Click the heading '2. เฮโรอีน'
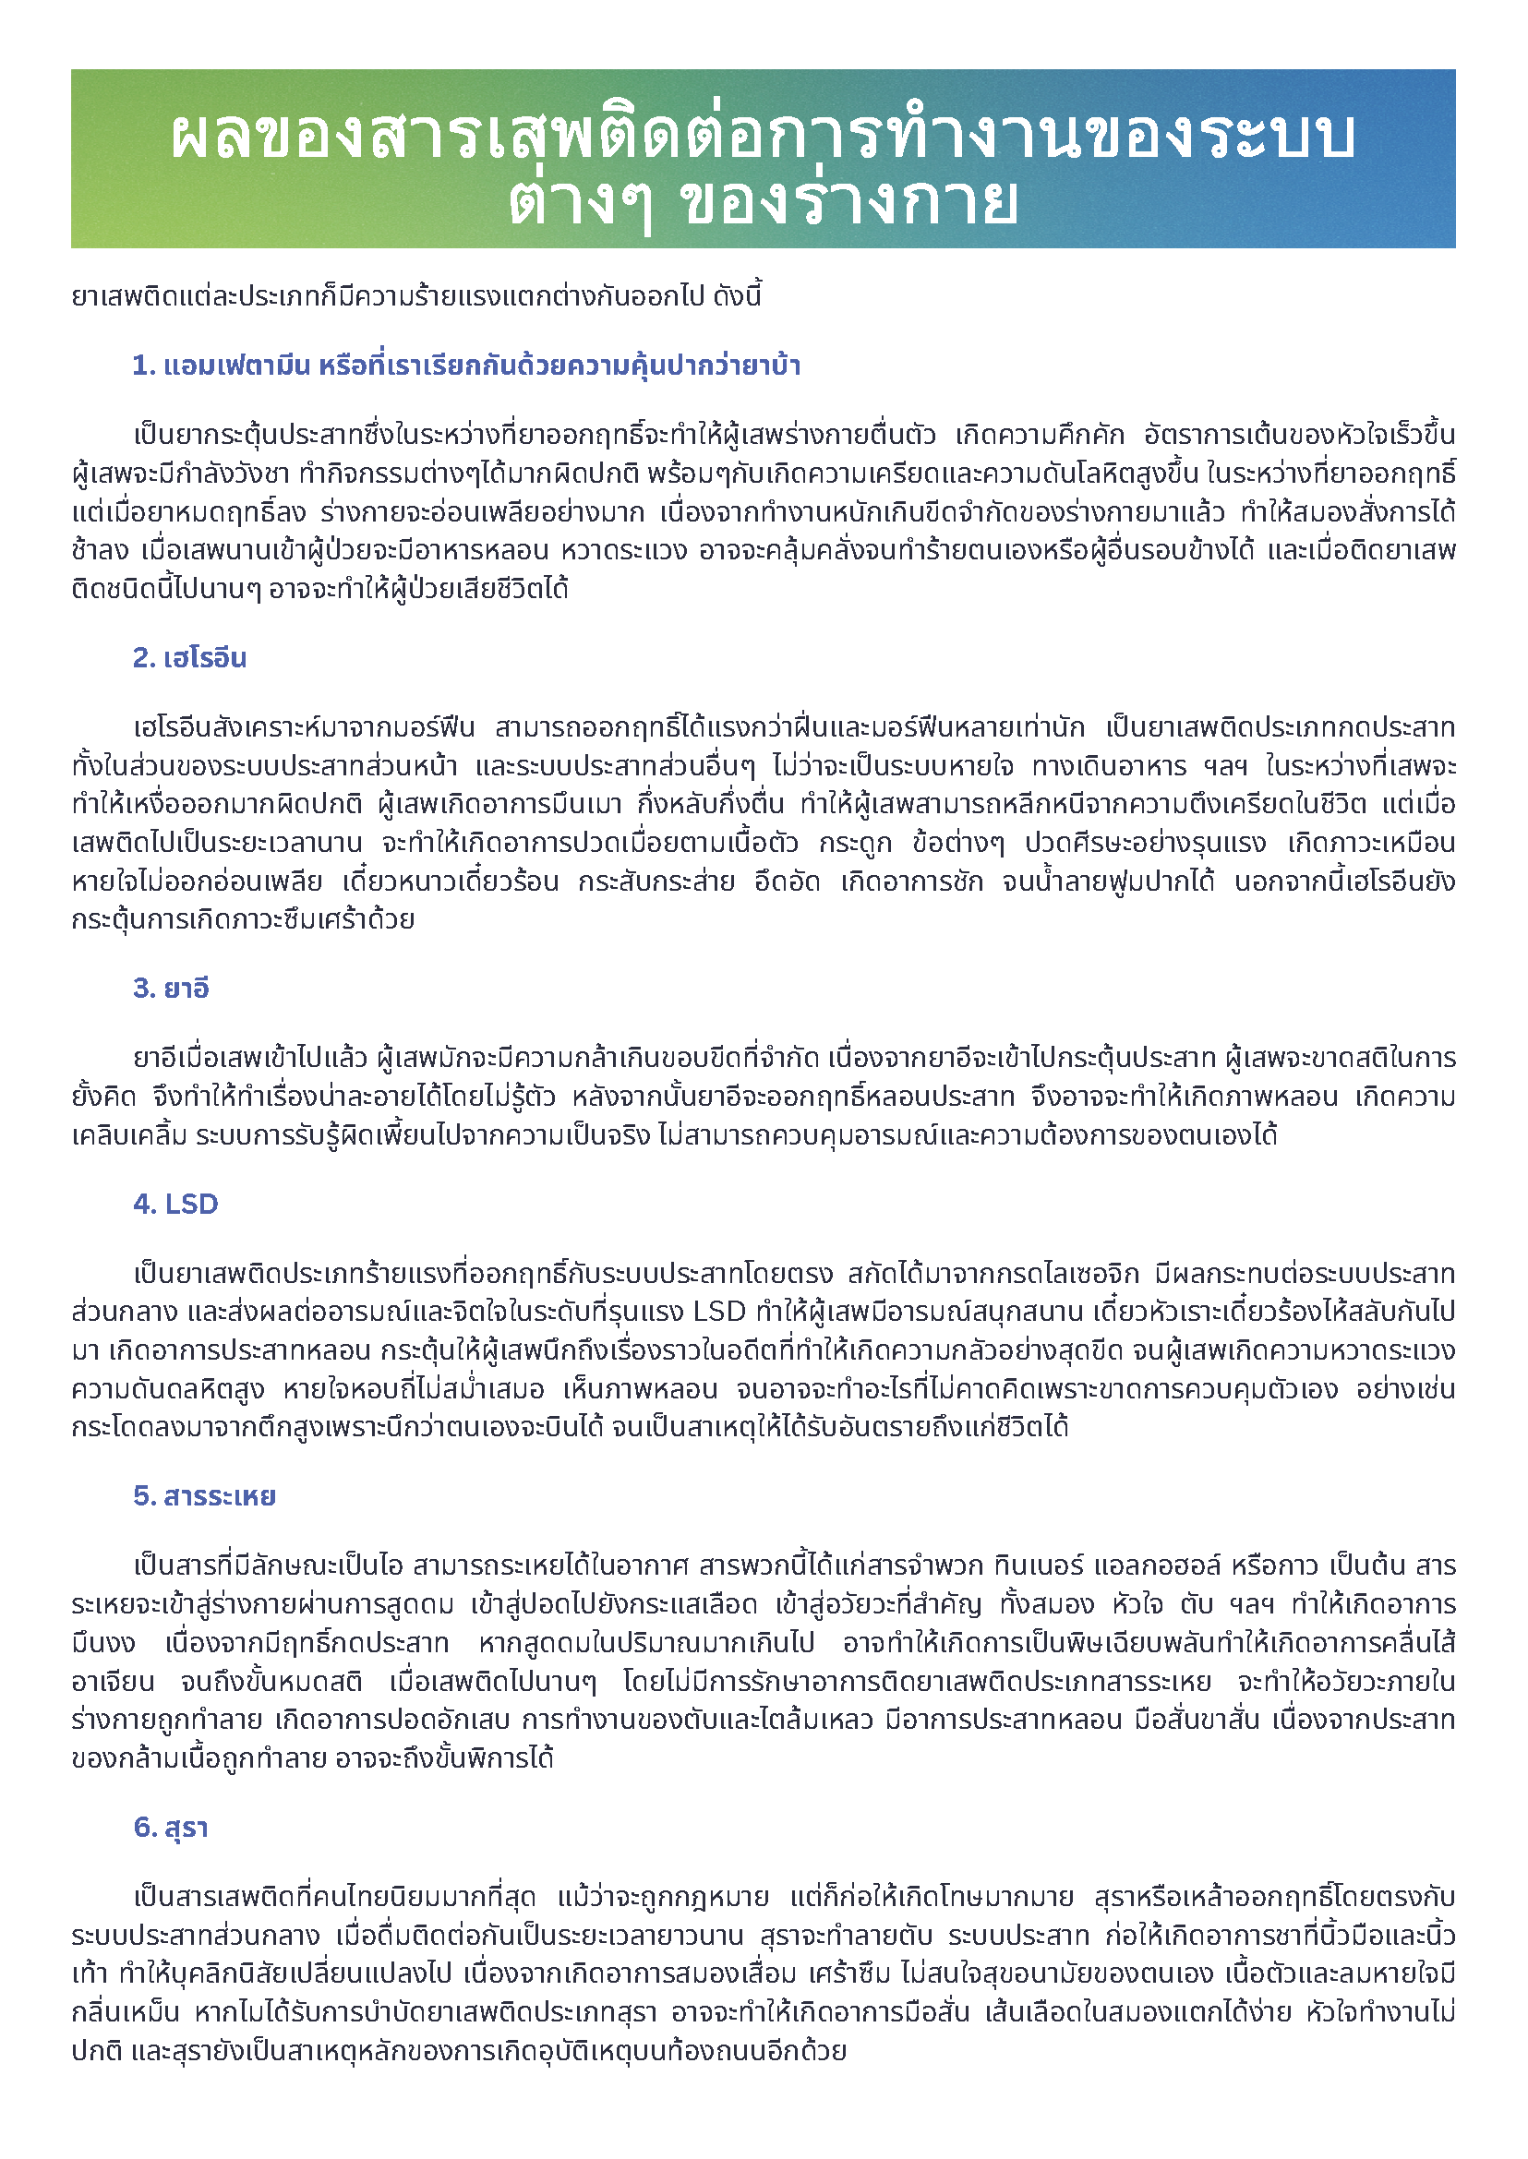[x=189, y=658]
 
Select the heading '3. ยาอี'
[x=170, y=989]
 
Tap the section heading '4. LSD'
[x=175, y=1205]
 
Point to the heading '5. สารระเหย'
[x=204, y=1495]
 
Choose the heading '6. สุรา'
[x=170, y=1828]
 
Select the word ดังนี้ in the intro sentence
[x=738, y=297]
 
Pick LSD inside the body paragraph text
[x=719, y=1312]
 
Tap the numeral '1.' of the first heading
[x=144, y=366]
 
